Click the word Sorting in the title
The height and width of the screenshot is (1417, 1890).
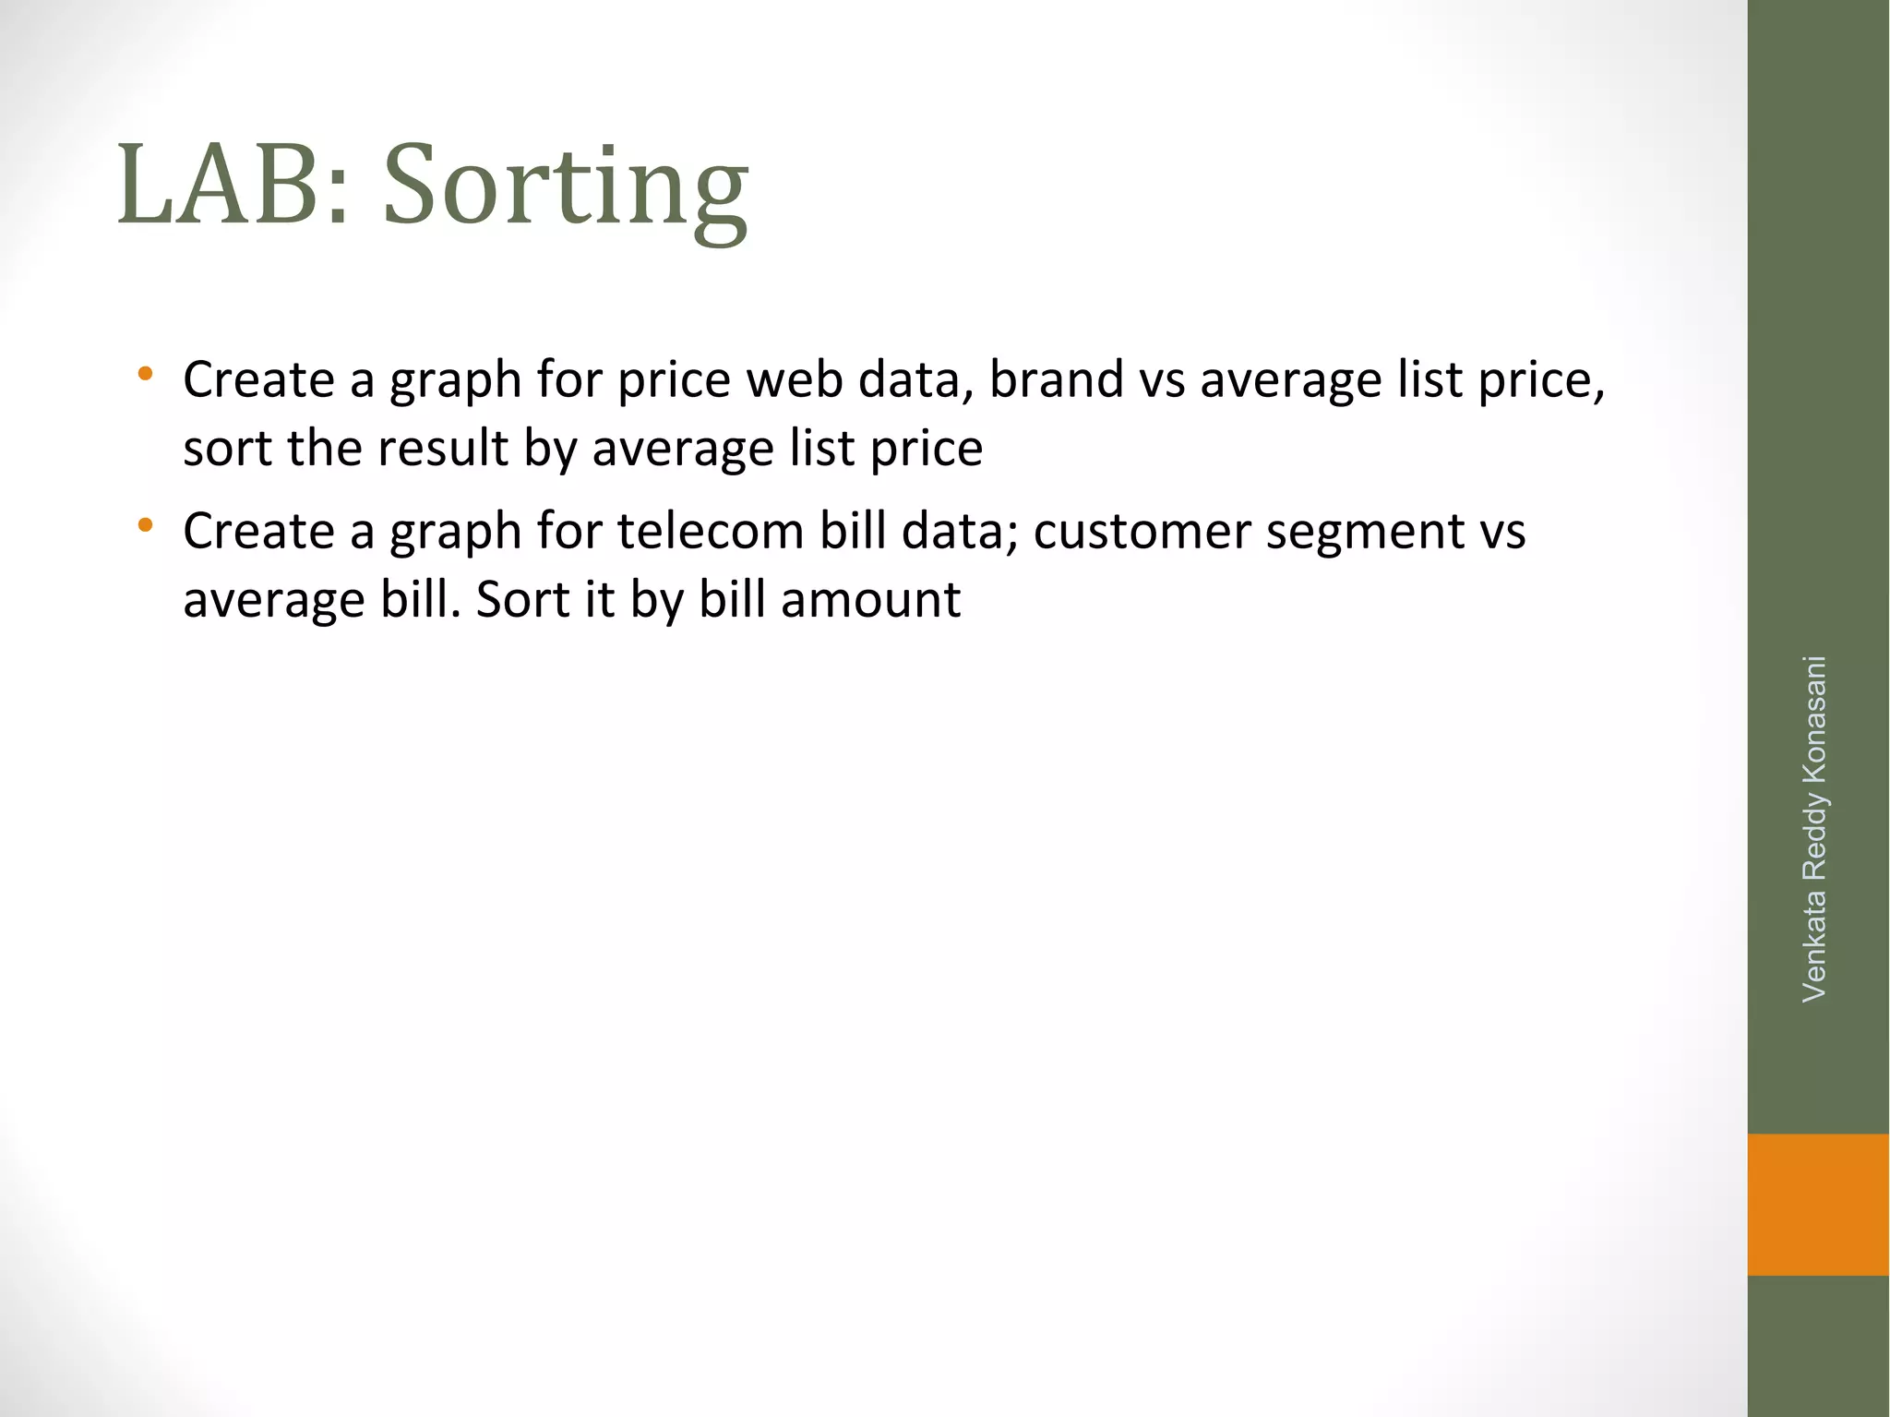(565, 189)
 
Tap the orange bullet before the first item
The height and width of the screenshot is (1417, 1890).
(145, 375)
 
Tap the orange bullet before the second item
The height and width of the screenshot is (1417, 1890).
(145, 526)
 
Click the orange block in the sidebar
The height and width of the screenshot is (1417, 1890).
(1817, 1204)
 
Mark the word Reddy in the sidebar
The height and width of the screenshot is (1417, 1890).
(1814, 836)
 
